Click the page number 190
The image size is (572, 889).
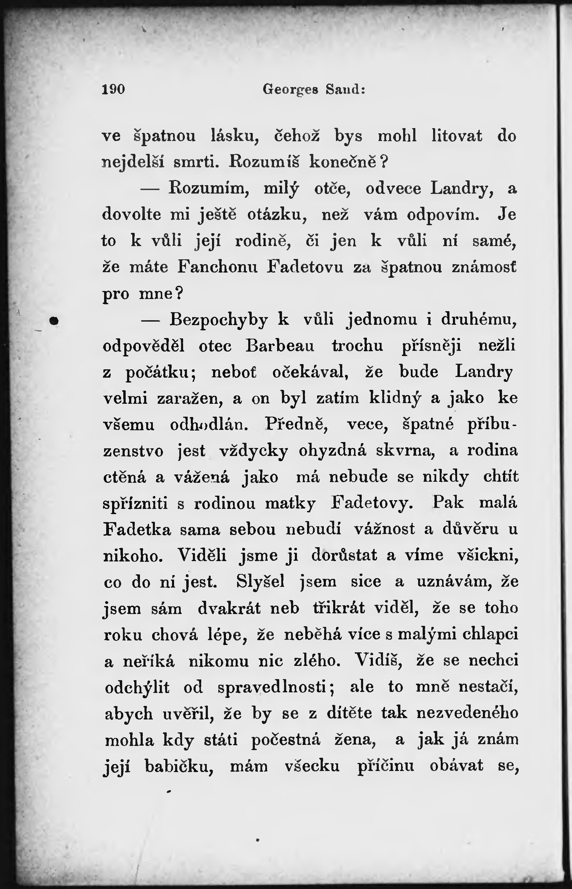pyautogui.click(x=113, y=89)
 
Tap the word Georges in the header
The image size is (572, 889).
pyautogui.click(x=290, y=89)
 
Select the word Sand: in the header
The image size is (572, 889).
pyautogui.click(x=345, y=89)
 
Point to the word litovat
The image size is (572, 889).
pyautogui.click(x=456, y=135)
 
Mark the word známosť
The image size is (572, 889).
pyautogui.click(x=484, y=267)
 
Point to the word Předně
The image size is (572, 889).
pyautogui.click(x=296, y=424)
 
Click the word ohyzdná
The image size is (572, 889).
pyautogui.click(x=332, y=451)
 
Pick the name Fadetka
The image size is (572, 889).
pyautogui.click(x=137, y=529)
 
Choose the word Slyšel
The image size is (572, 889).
pyautogui.click(x=260, y=582)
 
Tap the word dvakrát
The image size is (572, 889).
pyautogui.click(x=229, y=608)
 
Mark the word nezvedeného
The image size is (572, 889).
pyautogui.click(x=467, y=713)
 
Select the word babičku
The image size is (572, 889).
pyautogui.click(x=179, y=766)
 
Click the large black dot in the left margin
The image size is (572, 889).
pyautogui.click(x=55, y=320)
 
